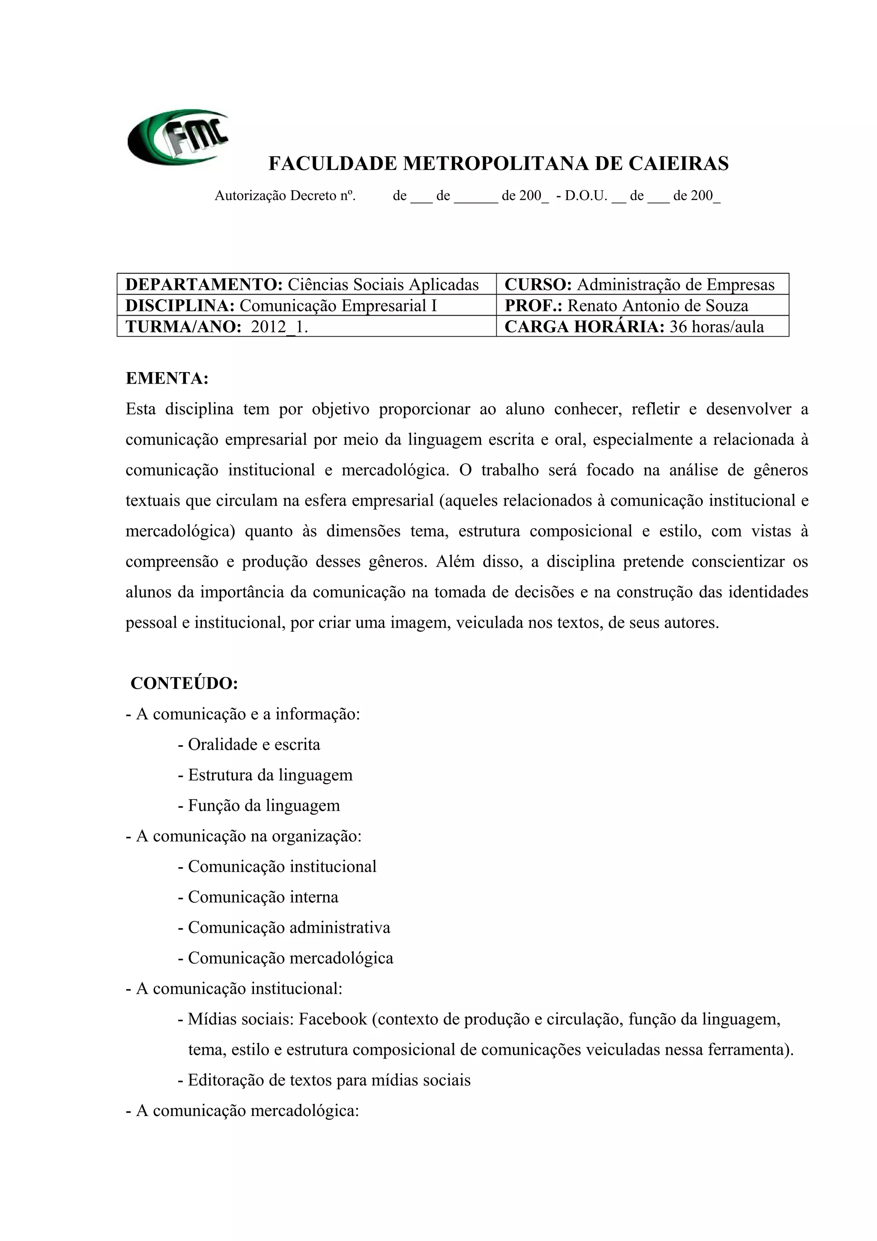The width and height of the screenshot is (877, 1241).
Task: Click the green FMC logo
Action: (x=178, y=138)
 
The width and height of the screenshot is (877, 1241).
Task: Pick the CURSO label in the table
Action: (x=538, y=284)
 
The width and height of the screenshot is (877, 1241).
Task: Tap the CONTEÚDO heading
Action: (x=184, y=683)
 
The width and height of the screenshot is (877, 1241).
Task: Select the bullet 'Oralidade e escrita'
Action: (x=254, y=745)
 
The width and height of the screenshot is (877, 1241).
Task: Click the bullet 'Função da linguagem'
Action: (x=264, y=806)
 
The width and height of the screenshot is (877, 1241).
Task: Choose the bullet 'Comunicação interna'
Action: (x=263, y=897)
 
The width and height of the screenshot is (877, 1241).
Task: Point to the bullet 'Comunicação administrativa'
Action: (x=289, y=928)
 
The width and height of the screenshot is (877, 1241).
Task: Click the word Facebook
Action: (x=333, y=1019)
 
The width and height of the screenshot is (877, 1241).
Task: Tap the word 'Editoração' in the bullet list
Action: (x=226, y=1080)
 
